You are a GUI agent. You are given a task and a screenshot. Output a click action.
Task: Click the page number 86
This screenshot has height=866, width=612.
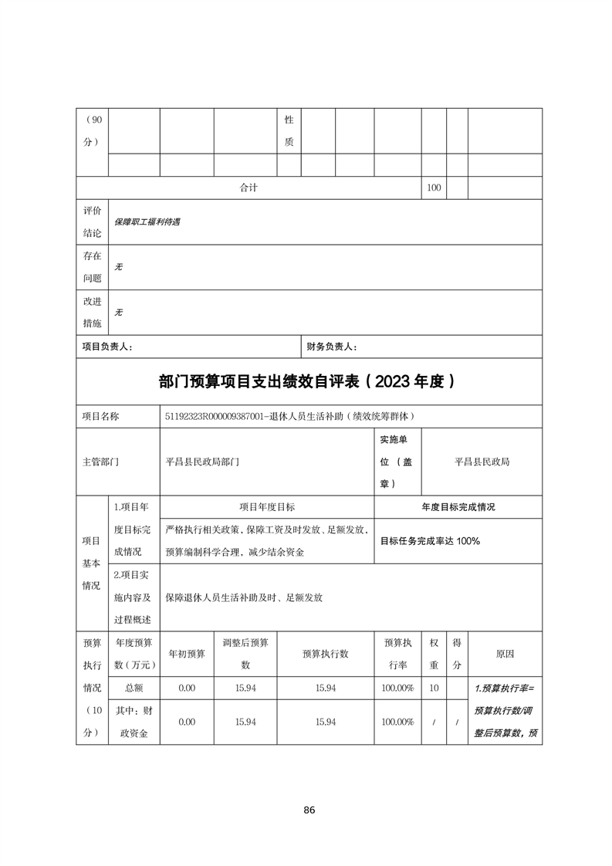(309, 810)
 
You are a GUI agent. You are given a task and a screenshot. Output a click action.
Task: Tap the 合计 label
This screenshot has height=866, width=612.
(248, 188)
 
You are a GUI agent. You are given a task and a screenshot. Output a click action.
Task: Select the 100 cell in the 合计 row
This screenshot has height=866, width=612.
(434, 188)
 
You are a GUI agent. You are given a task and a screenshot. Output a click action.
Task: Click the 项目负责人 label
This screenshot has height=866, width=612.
(107, 347)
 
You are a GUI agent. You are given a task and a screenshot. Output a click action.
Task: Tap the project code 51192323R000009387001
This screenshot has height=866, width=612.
(226, 416)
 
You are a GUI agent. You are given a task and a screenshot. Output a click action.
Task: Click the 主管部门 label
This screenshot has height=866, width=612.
(101, 462)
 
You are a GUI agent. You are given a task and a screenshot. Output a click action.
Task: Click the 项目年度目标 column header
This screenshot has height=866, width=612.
(267, 507)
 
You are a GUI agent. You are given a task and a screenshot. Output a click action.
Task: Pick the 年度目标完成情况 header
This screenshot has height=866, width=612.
(458, 507)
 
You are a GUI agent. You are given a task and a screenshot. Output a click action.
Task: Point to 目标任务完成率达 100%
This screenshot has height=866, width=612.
(430, 540)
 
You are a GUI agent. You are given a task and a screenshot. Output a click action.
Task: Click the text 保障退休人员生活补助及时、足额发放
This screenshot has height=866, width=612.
(244, 597)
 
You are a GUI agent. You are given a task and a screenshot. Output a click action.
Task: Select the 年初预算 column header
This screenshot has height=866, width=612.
(187, 654)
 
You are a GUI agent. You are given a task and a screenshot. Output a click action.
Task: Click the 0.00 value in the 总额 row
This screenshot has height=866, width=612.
(187, 688)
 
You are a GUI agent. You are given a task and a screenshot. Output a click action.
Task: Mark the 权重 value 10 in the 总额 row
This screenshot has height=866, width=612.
(434, 688)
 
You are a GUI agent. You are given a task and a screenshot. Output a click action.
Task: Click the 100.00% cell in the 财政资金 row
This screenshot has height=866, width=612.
(397, 722)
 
